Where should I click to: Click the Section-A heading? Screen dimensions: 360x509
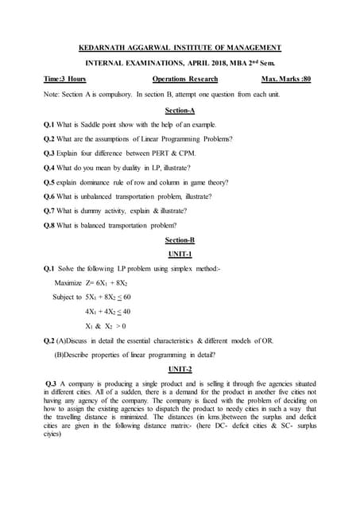pyautogui.click(x=180, y=111)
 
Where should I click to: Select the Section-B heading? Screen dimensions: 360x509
pyautogui.click(x=180, y=239)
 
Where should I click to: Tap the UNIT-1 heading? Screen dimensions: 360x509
pyautogui.click(x=180, y=254)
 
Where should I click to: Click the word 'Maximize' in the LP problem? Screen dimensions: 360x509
pyautogui.click(x=69, y=283)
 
